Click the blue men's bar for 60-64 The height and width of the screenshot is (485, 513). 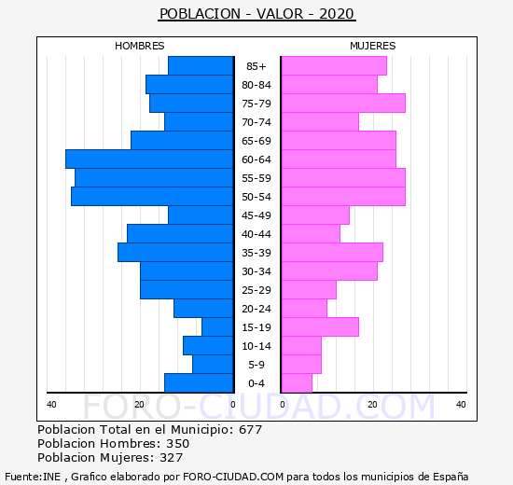(x=149, y=159)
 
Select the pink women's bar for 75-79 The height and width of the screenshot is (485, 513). (x=343, y=104)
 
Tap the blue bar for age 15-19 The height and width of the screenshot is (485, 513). (x=217, y=327)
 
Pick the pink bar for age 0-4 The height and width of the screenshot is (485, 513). (x=297, y=383)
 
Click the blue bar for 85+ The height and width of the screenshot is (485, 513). (x=201, y=66)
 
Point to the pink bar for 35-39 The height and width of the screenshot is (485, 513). (x=332, y=253)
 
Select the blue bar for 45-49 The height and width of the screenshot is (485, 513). (x=201, y=215)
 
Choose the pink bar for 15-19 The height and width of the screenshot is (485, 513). (x=320, y=327)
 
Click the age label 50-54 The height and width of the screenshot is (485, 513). (x=256, y=197)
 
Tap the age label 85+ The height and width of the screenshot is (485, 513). (x=256, y=66)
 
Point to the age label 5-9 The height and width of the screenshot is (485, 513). (x=256, y=365)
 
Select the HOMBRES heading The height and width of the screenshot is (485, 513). (x=140, y=46)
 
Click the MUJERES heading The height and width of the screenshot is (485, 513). (x=373, y=46)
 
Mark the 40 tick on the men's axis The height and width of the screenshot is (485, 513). (x=51, y=405)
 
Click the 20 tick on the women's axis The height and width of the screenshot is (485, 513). (x=372, y=405)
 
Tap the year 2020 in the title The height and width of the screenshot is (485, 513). (x=337, y=14)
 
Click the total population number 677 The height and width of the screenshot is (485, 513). (x=251, y=430)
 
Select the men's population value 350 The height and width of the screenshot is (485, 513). (x=178, y=444)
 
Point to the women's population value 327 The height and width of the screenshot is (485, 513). (x=172, y=458)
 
